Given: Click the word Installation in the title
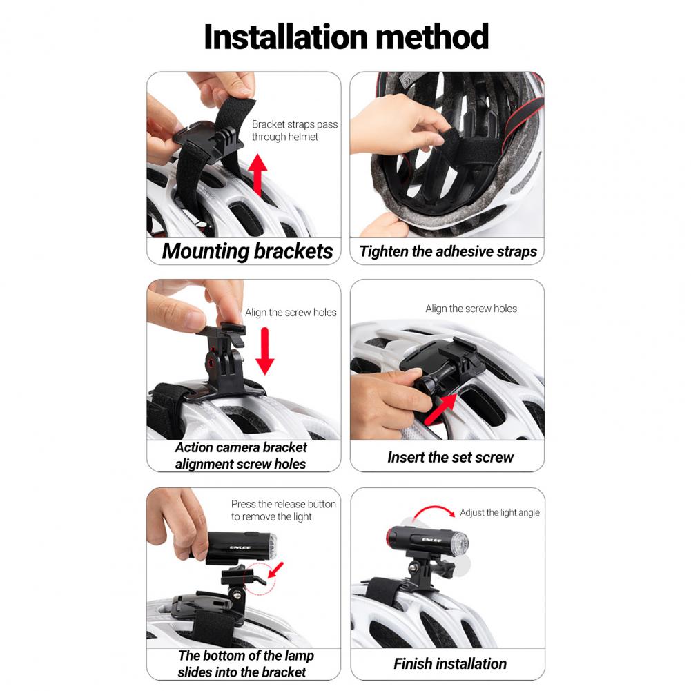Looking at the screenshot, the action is coord(286,37).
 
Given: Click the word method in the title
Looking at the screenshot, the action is coord(432,37).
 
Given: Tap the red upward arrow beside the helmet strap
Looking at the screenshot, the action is coord(257,175).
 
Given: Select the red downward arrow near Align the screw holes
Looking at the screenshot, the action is coord(265,351).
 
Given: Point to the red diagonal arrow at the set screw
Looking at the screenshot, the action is coord(440,409).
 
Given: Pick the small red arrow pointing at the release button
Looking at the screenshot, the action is coord(276,570).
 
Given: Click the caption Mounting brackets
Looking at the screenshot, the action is coord(247,251).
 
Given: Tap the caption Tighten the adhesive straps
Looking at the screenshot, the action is coord(448,251).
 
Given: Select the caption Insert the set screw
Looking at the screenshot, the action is coord(450,458).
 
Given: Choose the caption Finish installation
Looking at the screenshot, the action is coord(450,663).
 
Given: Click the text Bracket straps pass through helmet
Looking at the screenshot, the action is coord(294,130).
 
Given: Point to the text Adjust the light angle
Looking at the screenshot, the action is coord(500,512).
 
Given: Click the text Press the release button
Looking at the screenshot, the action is coord(283,504).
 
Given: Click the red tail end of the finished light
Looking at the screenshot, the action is coord(389,536).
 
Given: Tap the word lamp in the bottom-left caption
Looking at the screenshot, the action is coord(299,656).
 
